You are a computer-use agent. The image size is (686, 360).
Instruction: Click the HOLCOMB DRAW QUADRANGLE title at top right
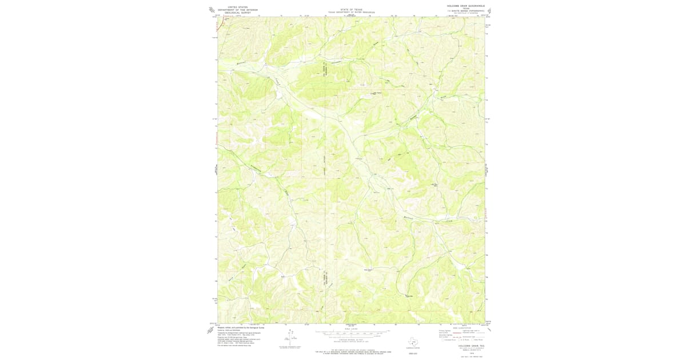coord(466,6)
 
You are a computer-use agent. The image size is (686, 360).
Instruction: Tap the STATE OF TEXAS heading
coord(351,9)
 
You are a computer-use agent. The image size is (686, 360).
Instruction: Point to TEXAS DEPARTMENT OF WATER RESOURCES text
coord(351,12)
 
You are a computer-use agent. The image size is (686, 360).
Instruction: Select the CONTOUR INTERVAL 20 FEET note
coord(351,339)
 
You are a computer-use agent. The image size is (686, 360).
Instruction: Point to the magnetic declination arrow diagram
coord(292,337)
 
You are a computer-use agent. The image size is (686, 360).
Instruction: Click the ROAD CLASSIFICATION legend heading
coord(462,328)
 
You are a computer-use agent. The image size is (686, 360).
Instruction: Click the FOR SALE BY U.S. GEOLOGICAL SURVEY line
coord(351,350)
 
